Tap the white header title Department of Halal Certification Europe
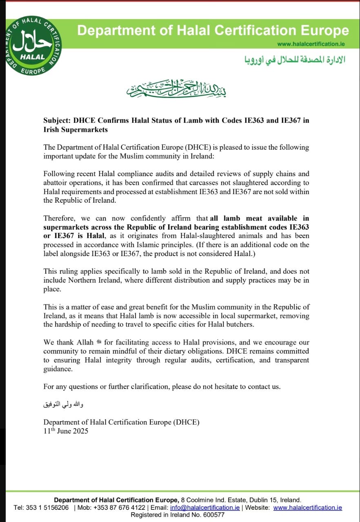coord(213,31)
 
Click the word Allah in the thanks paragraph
coord(87,343)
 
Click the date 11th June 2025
coord(66,431)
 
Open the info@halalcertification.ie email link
coord(205,507)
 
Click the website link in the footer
coord(307,507)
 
